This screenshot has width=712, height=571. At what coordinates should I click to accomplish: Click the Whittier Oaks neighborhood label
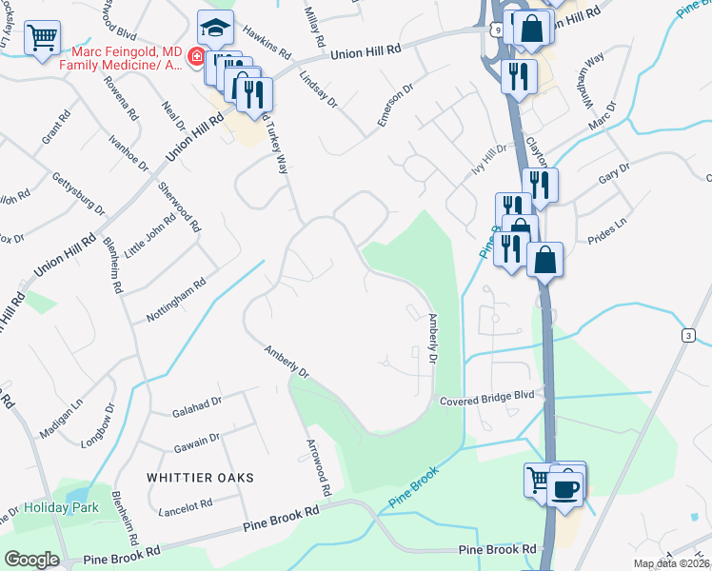tap(200, 477)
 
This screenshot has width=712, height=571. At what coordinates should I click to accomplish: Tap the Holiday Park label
tap(62, 507)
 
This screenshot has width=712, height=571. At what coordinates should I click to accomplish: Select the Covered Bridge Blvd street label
tap(489, 402)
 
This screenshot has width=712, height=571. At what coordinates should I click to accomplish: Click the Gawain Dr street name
tap(197, 441)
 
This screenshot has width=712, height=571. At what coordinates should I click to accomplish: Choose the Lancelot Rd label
tap(187, 506)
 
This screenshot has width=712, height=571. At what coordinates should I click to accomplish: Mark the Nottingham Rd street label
tap(176, 300)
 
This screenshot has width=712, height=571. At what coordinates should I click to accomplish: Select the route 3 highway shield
tap(686, 335)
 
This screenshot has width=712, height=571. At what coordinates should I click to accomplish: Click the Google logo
tap(31, 560)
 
